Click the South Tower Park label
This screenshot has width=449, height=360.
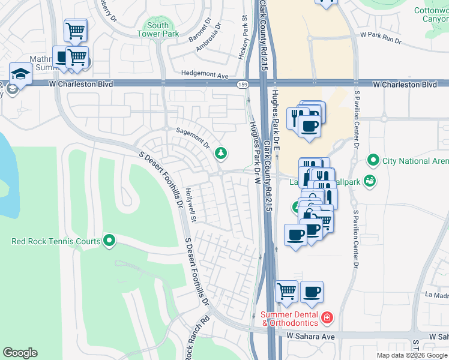click(x=158, y=30)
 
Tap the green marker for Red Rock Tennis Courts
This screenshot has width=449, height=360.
click(x=109, y=241)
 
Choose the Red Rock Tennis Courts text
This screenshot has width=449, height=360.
click(x=56, y=242)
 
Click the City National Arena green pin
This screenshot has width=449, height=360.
click(x=373, y=161)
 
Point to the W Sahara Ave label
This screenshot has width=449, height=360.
click(x=310, y=337)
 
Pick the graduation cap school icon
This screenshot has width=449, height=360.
click(x=20, y=73)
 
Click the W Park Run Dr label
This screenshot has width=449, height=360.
click(x=381, y=37)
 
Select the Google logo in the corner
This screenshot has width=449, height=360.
click(x=20, y=353)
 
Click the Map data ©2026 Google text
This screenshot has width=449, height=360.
click(x=411, y=355)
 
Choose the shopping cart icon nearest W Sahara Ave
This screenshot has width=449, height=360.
click(x=287, y=291)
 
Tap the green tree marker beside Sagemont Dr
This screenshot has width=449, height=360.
click(x=221, y=154)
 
